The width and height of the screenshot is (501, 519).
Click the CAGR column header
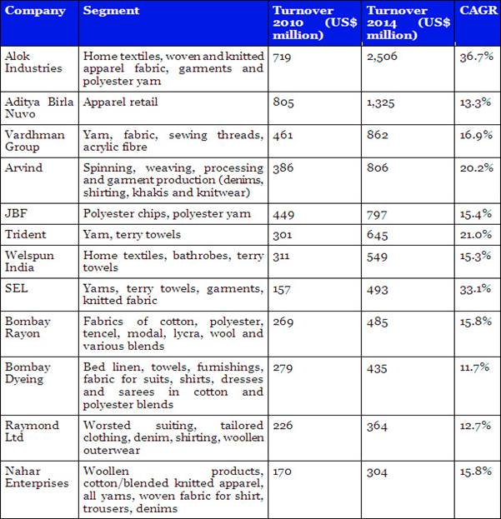click(476, 11)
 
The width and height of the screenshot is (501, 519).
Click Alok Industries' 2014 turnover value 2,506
click(383, 55)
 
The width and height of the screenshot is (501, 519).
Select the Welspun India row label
click(29, 262)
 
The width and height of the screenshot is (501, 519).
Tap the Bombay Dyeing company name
click(28, 372)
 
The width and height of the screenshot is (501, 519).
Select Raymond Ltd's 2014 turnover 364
click(377, 426)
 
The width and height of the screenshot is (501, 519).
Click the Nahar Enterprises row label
click(38, 477)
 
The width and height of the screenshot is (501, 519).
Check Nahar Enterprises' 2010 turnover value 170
click(283, 472)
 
